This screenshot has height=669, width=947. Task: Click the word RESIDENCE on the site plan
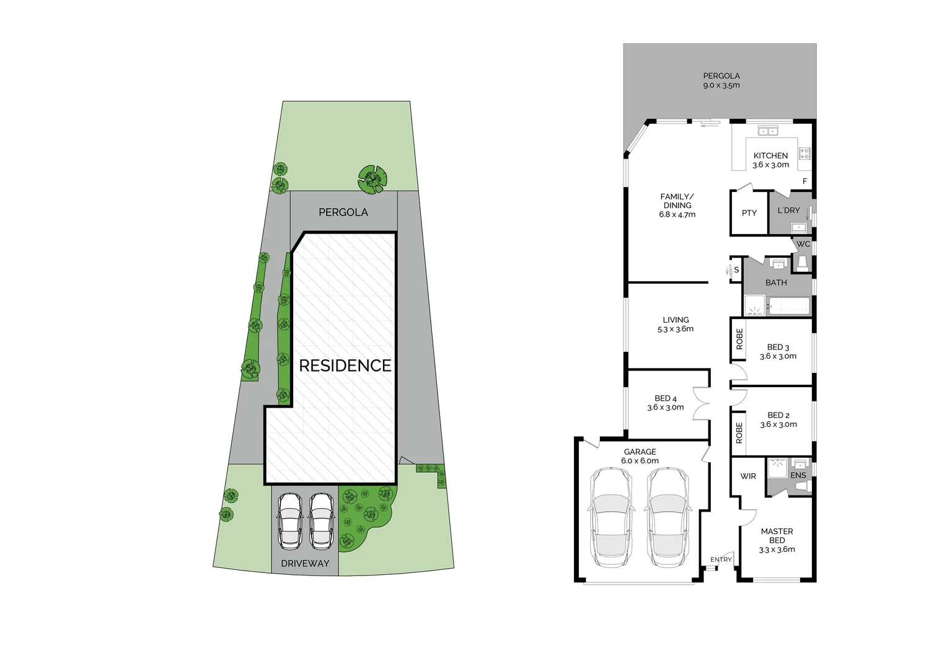[345, 365]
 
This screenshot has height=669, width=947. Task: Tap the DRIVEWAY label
[305, 563]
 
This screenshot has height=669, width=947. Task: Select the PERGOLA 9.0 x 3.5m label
[721, 81]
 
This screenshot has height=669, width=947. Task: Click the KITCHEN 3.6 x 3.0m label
[770, 160]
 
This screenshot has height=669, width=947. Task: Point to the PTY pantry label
[749, 212]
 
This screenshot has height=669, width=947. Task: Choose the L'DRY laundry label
[788, 210]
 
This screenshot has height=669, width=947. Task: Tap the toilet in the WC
[801, 265]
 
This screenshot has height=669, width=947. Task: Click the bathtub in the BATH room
[788, 306]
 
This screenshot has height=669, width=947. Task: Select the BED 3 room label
[778, 351]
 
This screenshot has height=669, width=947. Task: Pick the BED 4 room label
[665, 403]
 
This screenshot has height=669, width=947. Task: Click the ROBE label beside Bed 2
[739, 433]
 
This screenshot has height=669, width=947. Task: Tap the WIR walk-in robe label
[748, 476]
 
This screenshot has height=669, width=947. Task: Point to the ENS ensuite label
[798, 475]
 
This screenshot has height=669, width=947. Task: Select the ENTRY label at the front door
[721, 559]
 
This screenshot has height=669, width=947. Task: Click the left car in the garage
[611, 517]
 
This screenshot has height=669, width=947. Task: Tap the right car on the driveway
[321, 521]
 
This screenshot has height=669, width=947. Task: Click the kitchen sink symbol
[769, 131]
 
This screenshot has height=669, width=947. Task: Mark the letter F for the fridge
[804, 181]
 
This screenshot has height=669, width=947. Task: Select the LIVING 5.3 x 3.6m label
[675, 324]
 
